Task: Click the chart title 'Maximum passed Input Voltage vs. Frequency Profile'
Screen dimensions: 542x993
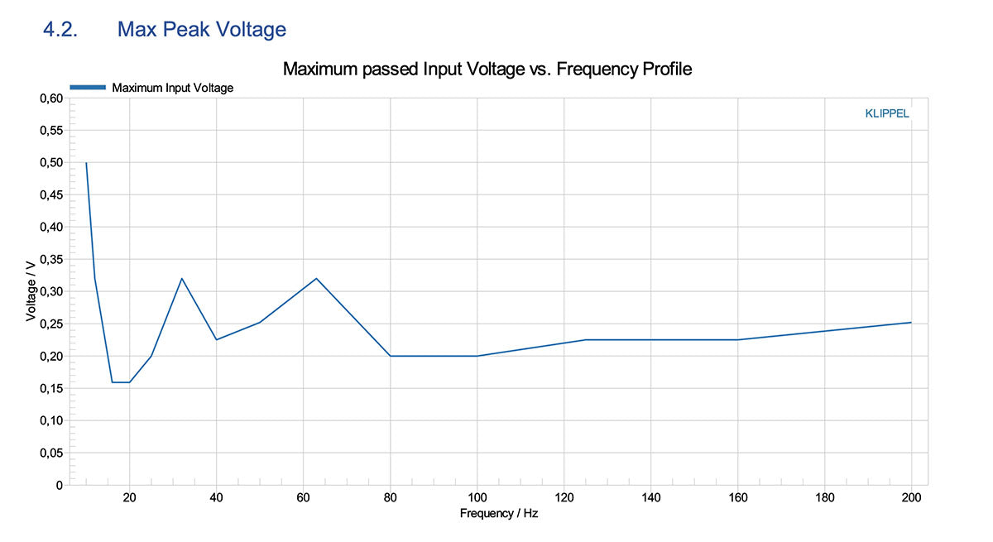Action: (487, 69)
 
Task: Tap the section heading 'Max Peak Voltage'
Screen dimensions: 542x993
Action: (201, 30)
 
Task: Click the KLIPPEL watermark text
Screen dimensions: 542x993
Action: (887, 114)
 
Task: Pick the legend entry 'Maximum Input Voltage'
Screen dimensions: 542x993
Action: (172, 88)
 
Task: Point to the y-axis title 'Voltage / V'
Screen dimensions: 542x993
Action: (31, 291)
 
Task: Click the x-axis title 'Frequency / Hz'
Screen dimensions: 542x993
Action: (499, 514)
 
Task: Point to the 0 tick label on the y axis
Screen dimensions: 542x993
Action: (58, 486)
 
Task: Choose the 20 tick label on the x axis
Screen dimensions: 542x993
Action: (129, 498)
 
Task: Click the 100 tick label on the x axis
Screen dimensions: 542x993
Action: (477, 498)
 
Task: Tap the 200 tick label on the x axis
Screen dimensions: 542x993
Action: (911, 498)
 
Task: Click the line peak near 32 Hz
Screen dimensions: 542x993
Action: (181, 278)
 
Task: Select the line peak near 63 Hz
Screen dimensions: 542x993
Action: (316, 278)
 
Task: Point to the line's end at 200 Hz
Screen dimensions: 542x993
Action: (911, 323)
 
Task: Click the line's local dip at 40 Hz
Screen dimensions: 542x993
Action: (216, 340)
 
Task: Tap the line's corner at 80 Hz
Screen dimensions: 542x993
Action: (390, 356)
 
